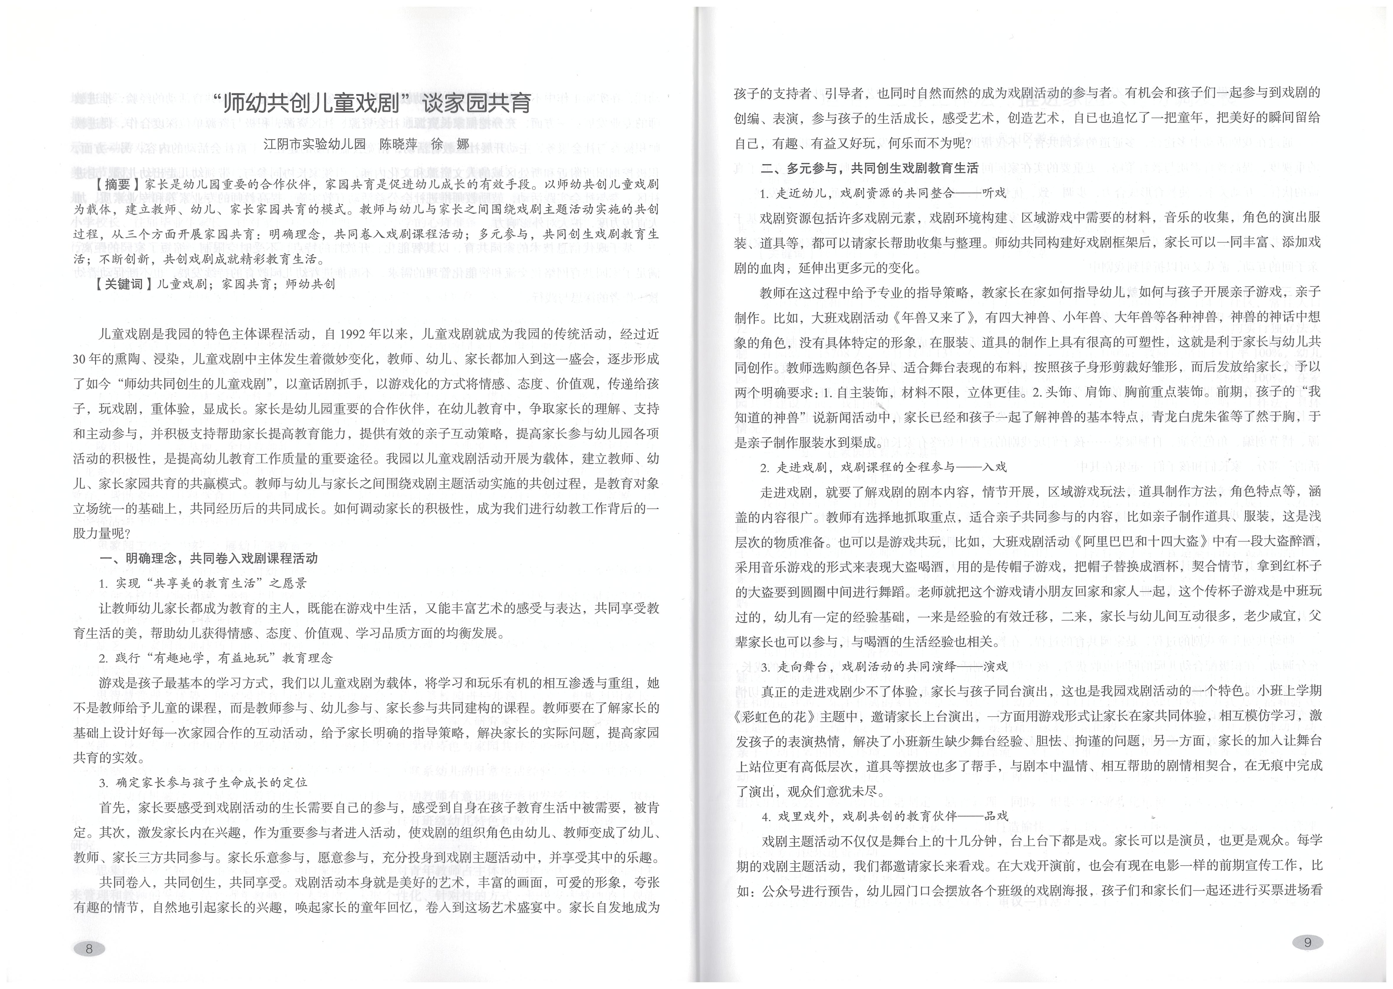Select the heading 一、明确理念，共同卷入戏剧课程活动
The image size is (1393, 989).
click(x=208, y=558)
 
